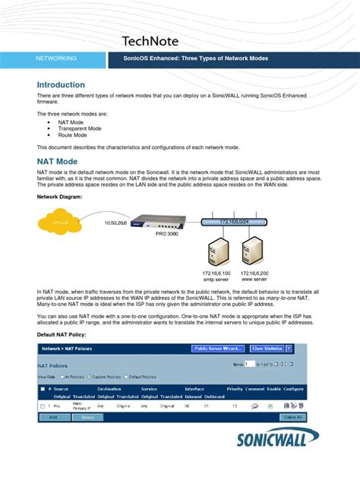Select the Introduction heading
tap(61, 85)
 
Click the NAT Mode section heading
tap(57, 162)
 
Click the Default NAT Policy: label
tap(67, 334)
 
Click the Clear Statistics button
tap(266, 349)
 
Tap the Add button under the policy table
tap(54, 417)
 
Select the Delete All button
tap(292, 417)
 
